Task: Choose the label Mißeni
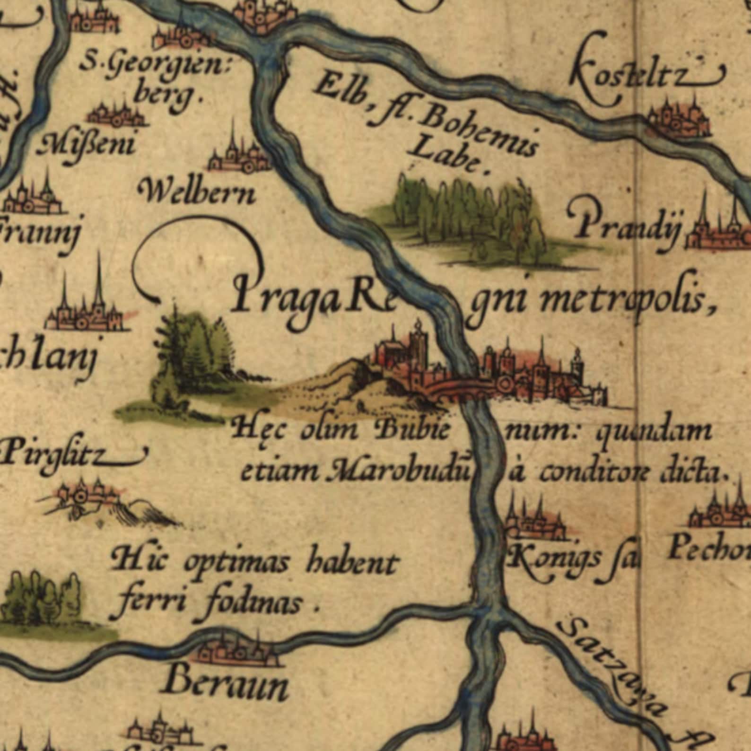(x=87, y=143)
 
